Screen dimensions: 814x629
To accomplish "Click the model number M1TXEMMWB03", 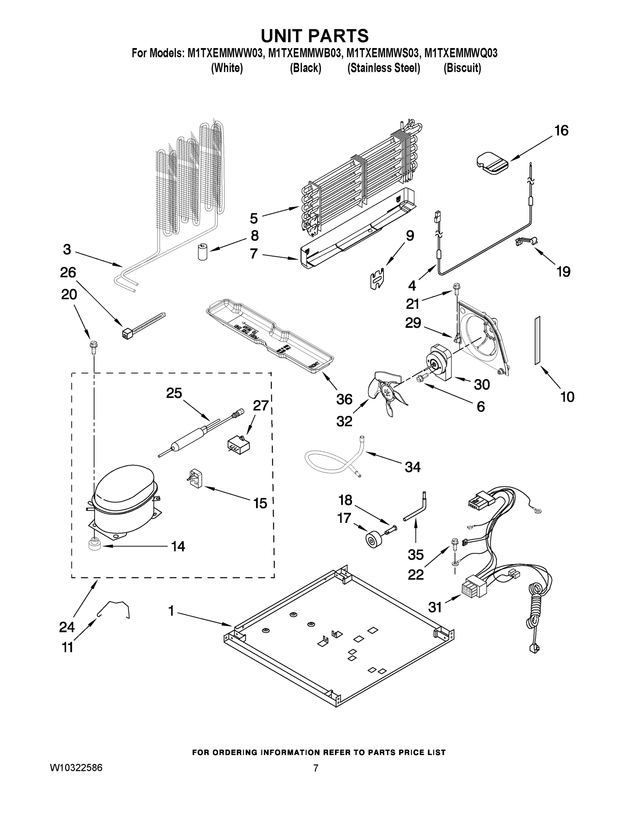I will (304, 54).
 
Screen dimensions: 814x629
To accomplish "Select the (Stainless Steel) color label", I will (384, 68).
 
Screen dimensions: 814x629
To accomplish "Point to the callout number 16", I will (561, 131).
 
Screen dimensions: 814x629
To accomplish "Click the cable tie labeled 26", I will (142, 326).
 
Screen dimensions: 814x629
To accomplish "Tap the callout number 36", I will (344, 399).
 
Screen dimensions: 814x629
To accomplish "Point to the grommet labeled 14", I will (95, 546).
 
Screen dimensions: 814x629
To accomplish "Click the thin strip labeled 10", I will (537, 340).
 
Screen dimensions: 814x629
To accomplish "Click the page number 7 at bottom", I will (315, 768).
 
